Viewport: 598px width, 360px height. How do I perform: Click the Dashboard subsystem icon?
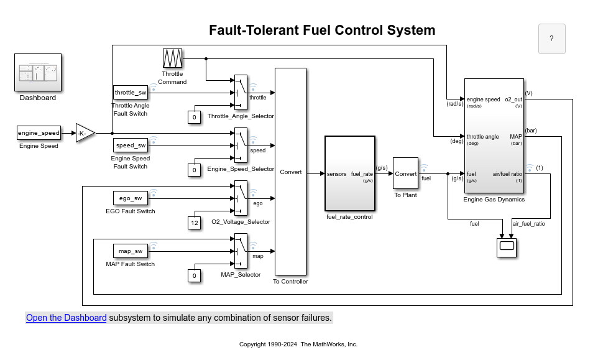pyautogui.click(x=37, y=73)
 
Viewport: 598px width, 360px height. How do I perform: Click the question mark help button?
pyautogui.click(x=551, y=39)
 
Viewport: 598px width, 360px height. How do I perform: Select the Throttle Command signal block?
pyautogui.click(x=172, y=58)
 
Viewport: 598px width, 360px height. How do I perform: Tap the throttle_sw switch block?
pyautogui.click(x=131, y=93)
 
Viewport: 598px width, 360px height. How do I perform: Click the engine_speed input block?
pyautogui.click(x=39, y=133)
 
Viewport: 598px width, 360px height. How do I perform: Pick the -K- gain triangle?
pyautogui.click(x=85, y=133)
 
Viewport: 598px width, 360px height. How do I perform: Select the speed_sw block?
pyautogui.click(x=131, y=145)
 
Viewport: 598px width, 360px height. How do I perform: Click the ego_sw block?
pyautogui.click(x=131, y=198)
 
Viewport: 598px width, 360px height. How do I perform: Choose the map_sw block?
pyautogui.click(x=131, y=251)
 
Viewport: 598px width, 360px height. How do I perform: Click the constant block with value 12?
pyautogui.click(x=195, y=223)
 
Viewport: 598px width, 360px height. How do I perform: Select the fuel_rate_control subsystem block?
pyautogui.click(x=350, y=173)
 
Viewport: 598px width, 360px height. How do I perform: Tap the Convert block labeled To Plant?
pyautogui.click(x=405, y=173)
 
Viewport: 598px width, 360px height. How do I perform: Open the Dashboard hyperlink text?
pyautogui.click(x=66, y=318)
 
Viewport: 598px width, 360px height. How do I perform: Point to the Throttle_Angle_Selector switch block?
pyautogui.click(x=241, y=93)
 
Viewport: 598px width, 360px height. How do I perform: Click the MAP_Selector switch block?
pyautogui.click(x=241, y=251)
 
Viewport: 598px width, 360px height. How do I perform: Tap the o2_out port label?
pyautogui.click(x=513, y=99)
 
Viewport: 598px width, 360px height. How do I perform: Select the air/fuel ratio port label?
pyautogui.click(x=507, y=173)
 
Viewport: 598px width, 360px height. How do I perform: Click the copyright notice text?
pyautogui.click(x=298, y=344)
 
